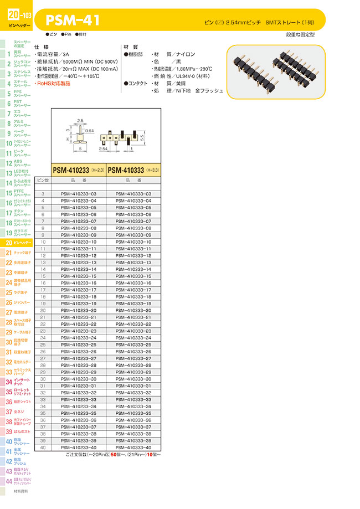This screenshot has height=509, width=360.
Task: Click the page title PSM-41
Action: pyautogui.click(x=73, y=20)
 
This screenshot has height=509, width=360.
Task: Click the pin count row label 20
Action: pyautogui.click(x=43, y=311)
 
